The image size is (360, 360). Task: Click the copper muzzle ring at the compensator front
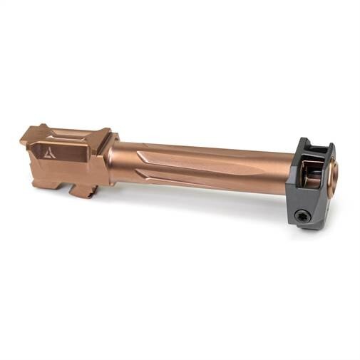334,175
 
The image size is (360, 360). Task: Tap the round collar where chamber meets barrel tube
114,160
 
